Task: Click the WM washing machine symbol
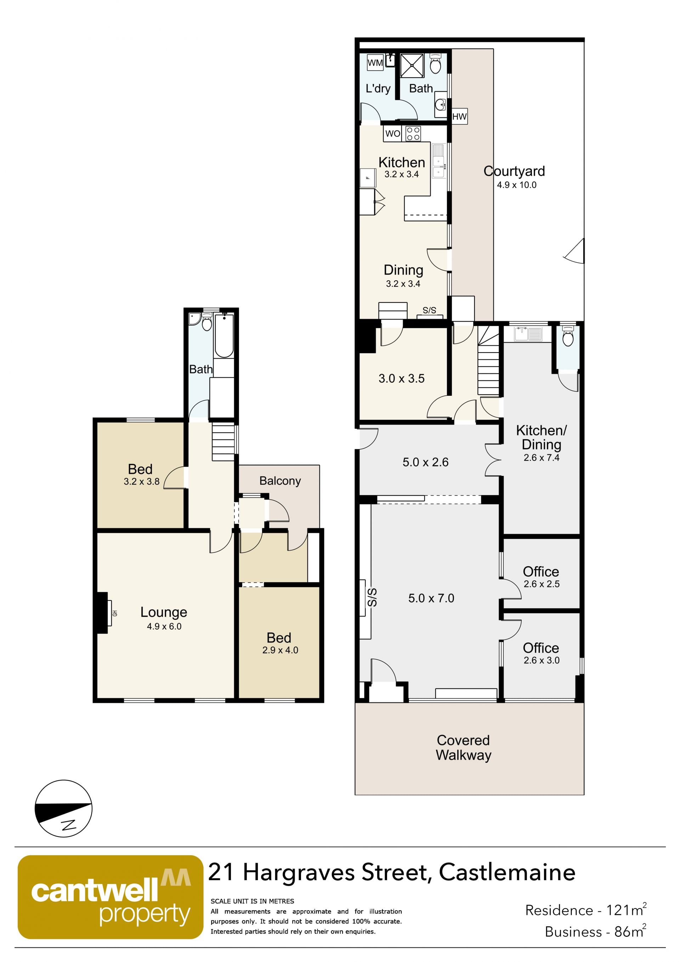pos(375,62)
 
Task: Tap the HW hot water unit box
pos(459,117)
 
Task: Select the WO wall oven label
pos(393,134)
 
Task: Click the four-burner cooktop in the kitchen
pos(413,134)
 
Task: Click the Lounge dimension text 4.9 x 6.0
pos(164,626)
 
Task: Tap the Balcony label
pos(280,481)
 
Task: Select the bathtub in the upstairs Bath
pos(224,336)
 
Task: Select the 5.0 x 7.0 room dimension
pos(431,598)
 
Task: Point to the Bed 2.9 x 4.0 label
pos(280,643)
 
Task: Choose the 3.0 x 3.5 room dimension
pos(402,379)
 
